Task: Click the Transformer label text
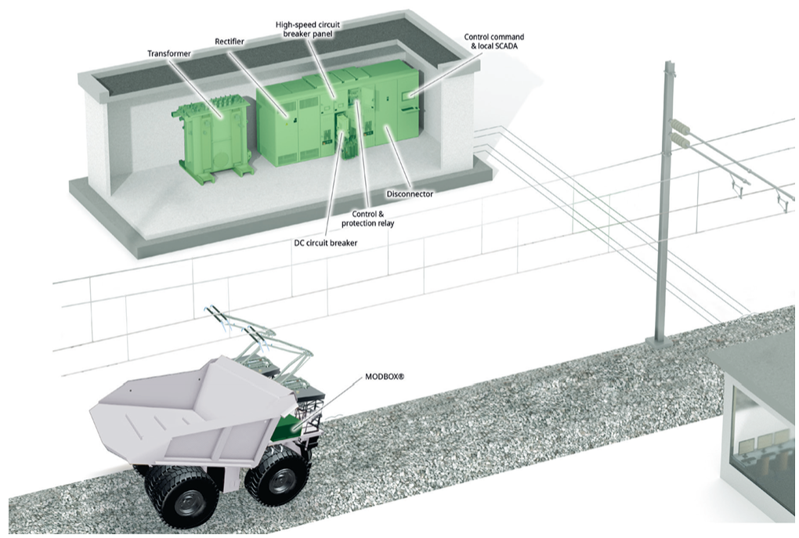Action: coord(169,53)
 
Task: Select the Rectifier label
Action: coord(230,42)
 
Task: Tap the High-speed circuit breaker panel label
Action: coord(308,29)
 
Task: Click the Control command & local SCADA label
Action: coord(493,42)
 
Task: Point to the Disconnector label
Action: coord(410,194)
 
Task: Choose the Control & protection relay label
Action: coord(368,218)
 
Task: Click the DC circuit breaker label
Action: coord(327,243)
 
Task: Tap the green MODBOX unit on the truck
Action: coord(289,427)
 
